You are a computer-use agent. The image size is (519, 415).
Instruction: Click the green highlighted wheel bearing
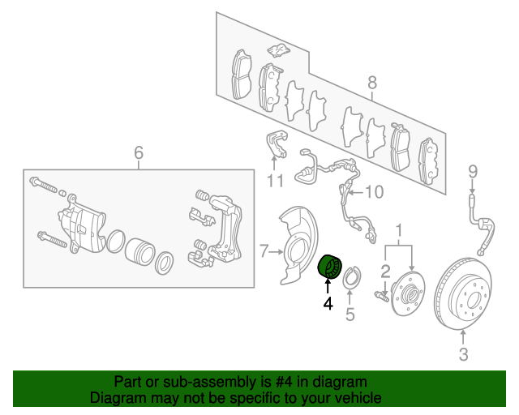pyautogui.click(x=330, y=267)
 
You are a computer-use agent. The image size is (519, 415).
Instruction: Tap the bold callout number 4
pyautogui.click(x=328, y=303)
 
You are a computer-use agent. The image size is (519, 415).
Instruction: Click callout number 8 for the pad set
pyautogui.click(x=372, y=82)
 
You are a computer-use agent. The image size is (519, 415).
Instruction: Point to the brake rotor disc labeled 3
pyautogui.click(x=463, y=294)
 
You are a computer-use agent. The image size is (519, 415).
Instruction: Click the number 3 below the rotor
pyautogui.click(x=463, y=354)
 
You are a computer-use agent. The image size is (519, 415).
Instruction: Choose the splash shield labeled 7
pyautogui.click(x=298, y=246)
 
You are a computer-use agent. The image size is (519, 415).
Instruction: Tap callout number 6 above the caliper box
pyautogui.click(x=139, y=152)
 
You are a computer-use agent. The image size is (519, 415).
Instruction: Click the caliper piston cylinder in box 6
pyautogui.click(x=140, y=252)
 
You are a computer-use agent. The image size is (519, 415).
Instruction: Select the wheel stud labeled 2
pyautogui.click(x=381, y=296)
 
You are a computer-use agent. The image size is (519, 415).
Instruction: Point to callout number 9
pyautogui.click(x=473, y=172)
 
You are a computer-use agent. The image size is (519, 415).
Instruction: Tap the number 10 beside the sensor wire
pyautogui.click(x=374, y=192)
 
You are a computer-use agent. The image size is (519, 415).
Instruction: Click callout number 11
pyautogui.click(x=275, y=181)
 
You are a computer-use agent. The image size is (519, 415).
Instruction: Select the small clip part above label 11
pyautogui.click(x=277, y=143)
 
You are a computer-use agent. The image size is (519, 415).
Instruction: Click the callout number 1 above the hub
pyautogui.click(x=399, y=230)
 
